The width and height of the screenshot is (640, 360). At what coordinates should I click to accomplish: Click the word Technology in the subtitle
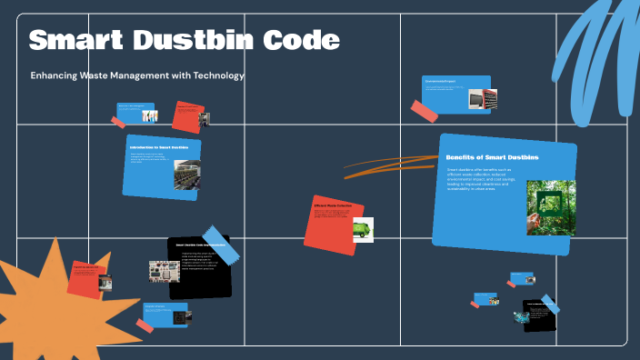[215, 75]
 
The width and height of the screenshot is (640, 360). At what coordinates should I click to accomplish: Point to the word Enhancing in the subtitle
[57, 75]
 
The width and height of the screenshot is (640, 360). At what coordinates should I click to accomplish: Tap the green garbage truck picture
[362, 230]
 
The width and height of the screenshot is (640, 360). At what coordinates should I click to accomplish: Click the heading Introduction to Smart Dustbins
[159, 147]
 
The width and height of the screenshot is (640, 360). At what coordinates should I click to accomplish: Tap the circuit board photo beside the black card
[164, 272]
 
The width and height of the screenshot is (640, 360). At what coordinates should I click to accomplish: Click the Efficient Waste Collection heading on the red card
[332, 205]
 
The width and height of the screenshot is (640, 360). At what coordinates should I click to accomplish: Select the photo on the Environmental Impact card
[481, 98]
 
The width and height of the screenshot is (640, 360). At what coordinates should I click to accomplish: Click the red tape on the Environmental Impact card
[425, 112]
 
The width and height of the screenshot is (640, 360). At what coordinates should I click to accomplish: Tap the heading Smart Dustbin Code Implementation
[200, 245]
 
